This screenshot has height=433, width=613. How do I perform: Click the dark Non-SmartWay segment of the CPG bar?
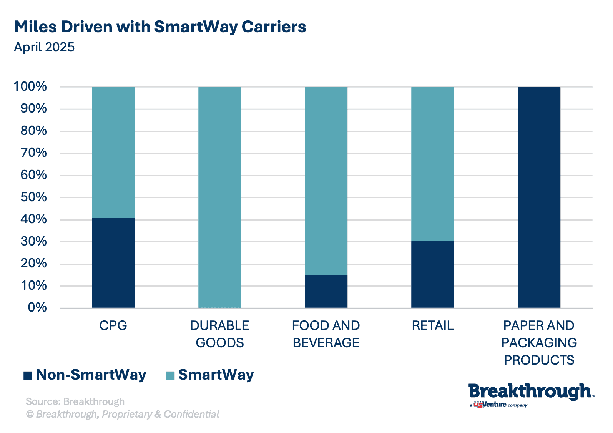point(113,263)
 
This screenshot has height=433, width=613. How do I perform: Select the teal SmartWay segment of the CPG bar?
point(113,153)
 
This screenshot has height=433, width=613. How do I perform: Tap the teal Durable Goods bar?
point(219,197)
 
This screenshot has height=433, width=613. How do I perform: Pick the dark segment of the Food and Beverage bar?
point(326,291)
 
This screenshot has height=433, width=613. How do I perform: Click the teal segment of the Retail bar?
point(432,164)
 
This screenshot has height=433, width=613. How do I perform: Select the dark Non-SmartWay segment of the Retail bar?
point(432,274)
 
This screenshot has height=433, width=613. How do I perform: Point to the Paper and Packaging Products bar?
point(539,197)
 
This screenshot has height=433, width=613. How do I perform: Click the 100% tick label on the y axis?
point(30,86)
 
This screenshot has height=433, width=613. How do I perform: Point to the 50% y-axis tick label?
point(34,197)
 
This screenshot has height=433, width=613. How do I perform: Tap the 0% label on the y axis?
point(37,307)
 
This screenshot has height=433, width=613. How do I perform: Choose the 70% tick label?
point(34,153)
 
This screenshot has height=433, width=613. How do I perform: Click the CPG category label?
point(113,325)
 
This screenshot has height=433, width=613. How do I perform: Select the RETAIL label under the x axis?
point(432,325)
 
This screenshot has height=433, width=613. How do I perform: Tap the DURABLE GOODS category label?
point(219,334)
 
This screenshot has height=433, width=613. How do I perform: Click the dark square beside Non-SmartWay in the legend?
point(28,375)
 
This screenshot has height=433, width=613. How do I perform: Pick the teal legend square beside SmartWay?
point(170,375)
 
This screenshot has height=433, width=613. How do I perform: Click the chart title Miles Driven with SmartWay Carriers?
point(160,27)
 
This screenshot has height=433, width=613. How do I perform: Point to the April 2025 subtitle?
point(44,47)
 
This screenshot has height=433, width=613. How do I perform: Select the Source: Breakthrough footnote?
point(75,401)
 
